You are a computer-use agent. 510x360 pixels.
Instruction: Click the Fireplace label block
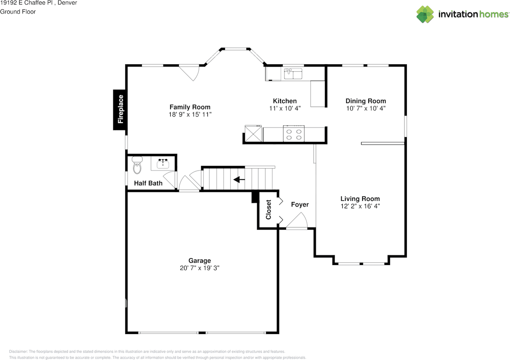(x=120, y=110)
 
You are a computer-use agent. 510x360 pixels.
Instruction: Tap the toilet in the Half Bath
(x=137, y=165)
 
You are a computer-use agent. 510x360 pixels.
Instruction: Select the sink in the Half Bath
(x=163, y=163)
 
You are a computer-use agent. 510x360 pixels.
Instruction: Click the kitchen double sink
(x=293, y=74)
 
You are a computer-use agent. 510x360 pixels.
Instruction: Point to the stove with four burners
(x=294, y=134)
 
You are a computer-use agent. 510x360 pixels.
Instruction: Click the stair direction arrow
(x=239, y=179)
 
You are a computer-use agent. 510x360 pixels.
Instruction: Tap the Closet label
(x=269, y=210)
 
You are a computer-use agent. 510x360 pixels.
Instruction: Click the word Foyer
(x=300, y=205)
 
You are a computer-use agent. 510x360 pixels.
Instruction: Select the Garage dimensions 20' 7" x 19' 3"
(x=200, y=268)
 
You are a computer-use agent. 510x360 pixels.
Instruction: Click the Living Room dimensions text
(x=360, y=206)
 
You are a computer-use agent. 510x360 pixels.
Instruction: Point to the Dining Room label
(x=366, y=101)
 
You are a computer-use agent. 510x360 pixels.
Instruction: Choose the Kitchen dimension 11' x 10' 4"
(x=285, y=108)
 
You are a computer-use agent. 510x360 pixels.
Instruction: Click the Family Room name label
(x=190, y=107)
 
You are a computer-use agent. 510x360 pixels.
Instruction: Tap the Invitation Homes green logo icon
(x=425, y=14)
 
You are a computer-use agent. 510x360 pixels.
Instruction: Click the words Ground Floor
(x=18, y=12)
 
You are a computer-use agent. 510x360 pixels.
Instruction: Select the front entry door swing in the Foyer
(x=297, y=220)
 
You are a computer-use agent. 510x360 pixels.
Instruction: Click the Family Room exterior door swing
(x=189, y=73)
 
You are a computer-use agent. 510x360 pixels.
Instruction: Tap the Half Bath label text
(x=148, y=183)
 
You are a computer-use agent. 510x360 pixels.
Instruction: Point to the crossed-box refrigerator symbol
(x=253, y=134)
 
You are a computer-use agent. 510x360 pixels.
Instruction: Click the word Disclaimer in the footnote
(x=18, y=352)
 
